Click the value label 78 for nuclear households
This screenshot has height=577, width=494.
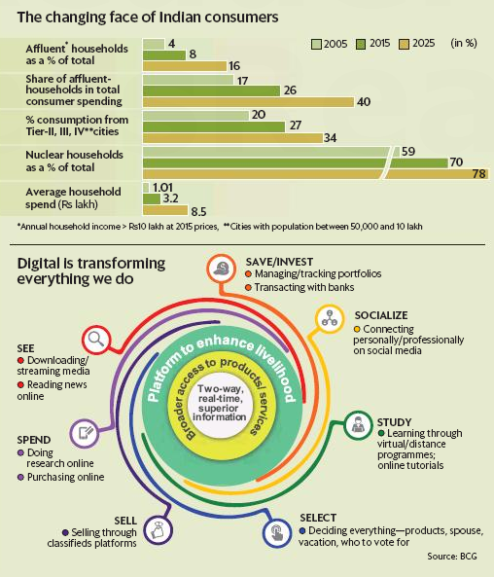478,172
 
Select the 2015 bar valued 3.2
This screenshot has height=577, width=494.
153,198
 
